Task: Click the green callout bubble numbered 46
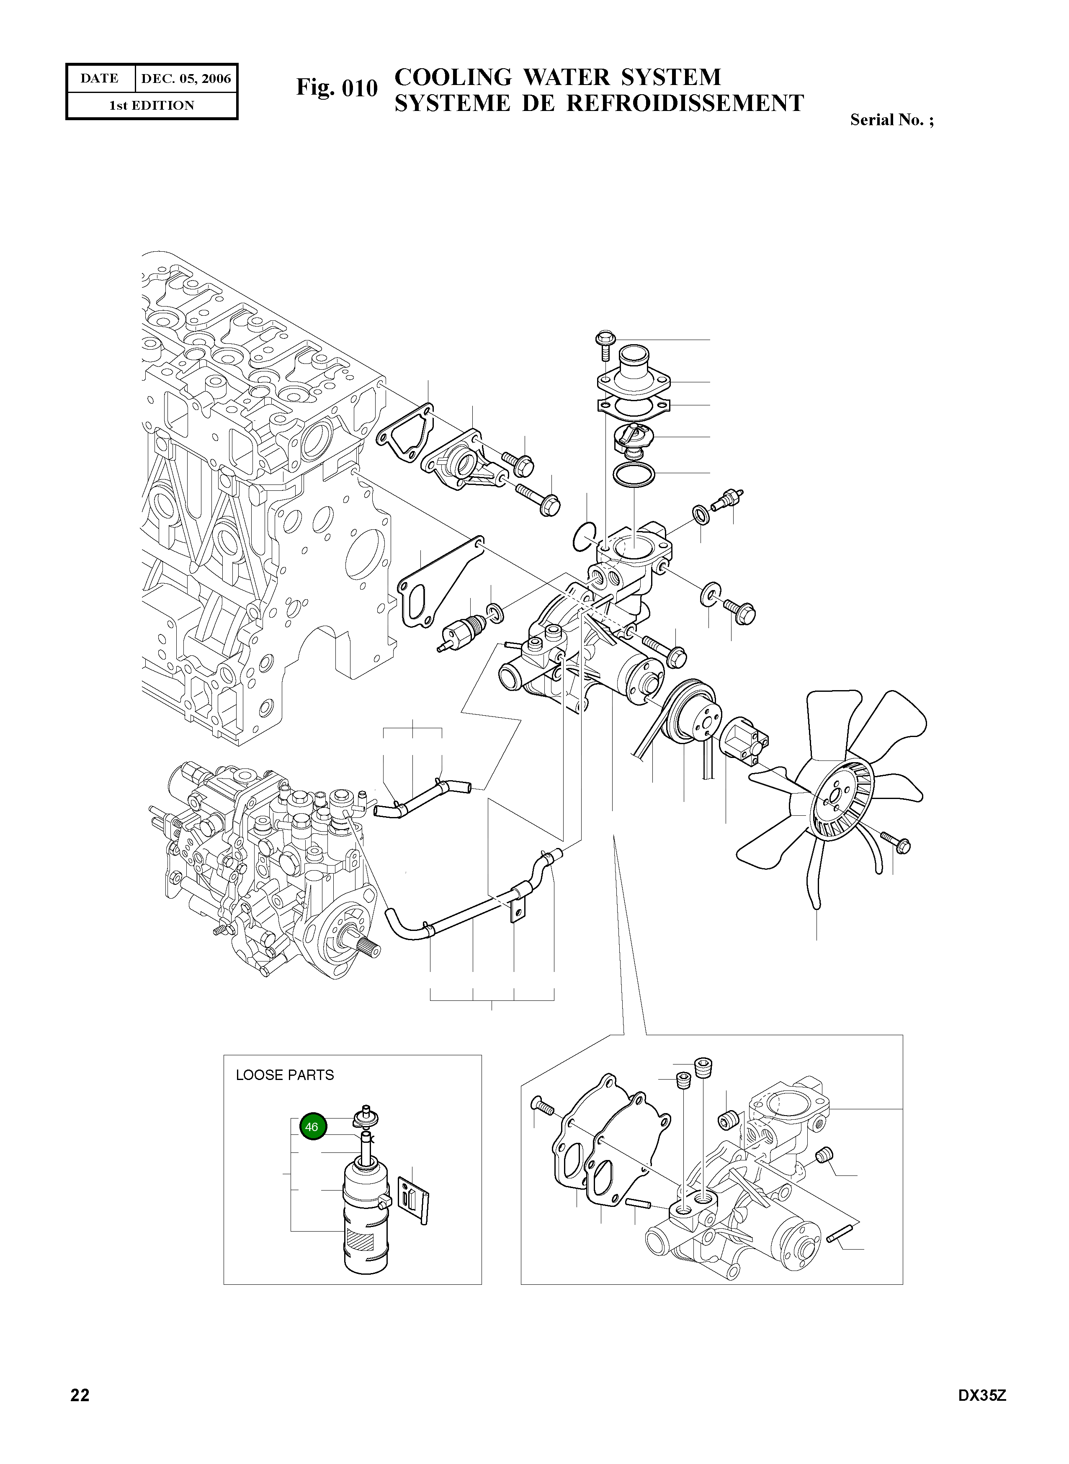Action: pos(312,1127)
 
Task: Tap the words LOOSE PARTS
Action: pos(285,1075)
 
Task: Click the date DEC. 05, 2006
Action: pos(186,78)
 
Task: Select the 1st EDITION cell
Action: pos(152,106)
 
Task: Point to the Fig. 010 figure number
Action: pos(337,88)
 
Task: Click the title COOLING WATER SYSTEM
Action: pos(557,77)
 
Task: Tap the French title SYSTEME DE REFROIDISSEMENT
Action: pos(598,103)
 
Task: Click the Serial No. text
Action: pos(891,120)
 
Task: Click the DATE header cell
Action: pos(100,78)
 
